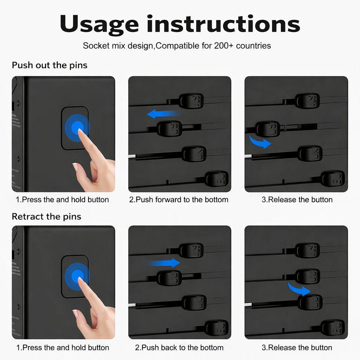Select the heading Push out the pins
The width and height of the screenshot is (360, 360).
click(x=50, y=65)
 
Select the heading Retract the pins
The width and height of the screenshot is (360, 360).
click(x=46, y=217)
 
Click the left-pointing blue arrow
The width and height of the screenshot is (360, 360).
click(x=164, y=114)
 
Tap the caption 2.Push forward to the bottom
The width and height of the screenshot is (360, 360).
click(x=179, y=200)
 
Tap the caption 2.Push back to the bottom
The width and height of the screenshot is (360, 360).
click(x=179, y=348)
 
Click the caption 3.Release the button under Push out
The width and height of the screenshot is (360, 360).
click(x=297, y=200)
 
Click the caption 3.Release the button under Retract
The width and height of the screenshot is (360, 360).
click(x=297, y=348)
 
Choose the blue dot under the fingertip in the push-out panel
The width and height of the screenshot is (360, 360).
click(x=78, y=128)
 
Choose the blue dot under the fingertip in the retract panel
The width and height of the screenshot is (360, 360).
click(x=77, y=276)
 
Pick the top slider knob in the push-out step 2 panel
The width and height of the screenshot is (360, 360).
click(x=192, y=101)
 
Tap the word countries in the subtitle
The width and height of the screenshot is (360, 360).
click(x=253, y=46)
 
